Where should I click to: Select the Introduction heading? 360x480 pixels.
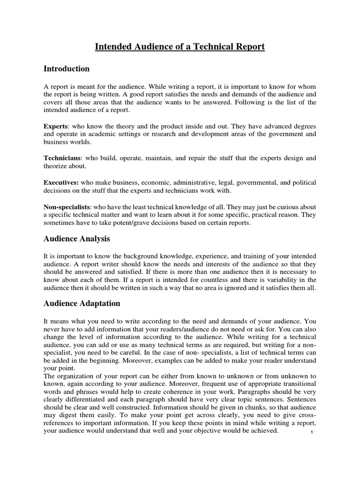coord(67,69)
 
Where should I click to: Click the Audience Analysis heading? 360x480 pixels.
coord(77,239)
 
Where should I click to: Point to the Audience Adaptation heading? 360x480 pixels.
coord(82,303)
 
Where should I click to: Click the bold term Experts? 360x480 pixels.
coord(56,127)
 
